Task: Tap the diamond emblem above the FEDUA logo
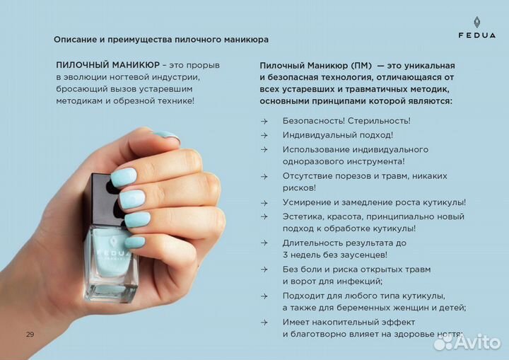click(476, 22)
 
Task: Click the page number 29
click(30, 334)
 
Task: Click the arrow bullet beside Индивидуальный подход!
click(264, 135)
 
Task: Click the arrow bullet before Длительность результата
click(264, 243)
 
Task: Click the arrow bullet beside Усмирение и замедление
click(264, 202)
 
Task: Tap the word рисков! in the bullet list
click(299, 187)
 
